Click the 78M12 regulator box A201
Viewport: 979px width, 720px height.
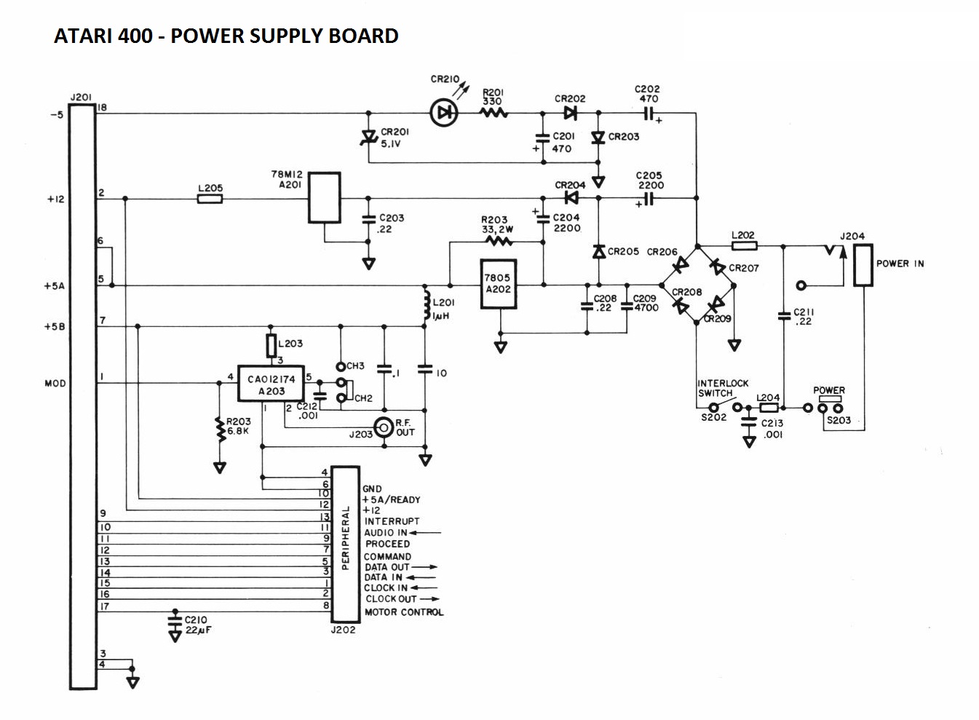coord(325,197)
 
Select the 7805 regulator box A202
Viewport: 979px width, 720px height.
coord(499,284)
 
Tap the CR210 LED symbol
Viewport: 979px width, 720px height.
coord(444,113)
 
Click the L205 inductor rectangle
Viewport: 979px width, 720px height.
coord(210,198)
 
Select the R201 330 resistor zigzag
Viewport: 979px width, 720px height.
coord(494,113)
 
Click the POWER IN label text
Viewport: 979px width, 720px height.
coord(900,264)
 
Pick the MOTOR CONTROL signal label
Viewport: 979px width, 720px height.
coord(404,612)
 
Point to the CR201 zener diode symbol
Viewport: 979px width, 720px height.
coord(368,137)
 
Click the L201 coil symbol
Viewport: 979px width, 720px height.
coord(424,306)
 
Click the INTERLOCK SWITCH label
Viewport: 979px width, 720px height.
coord(722,388)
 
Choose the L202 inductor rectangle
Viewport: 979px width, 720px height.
coord(743,246)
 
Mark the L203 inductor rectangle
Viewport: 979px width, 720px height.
coord(271,344)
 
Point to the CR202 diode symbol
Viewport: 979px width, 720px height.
coord(570,113)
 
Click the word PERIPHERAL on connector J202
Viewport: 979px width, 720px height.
coord(346,539)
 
